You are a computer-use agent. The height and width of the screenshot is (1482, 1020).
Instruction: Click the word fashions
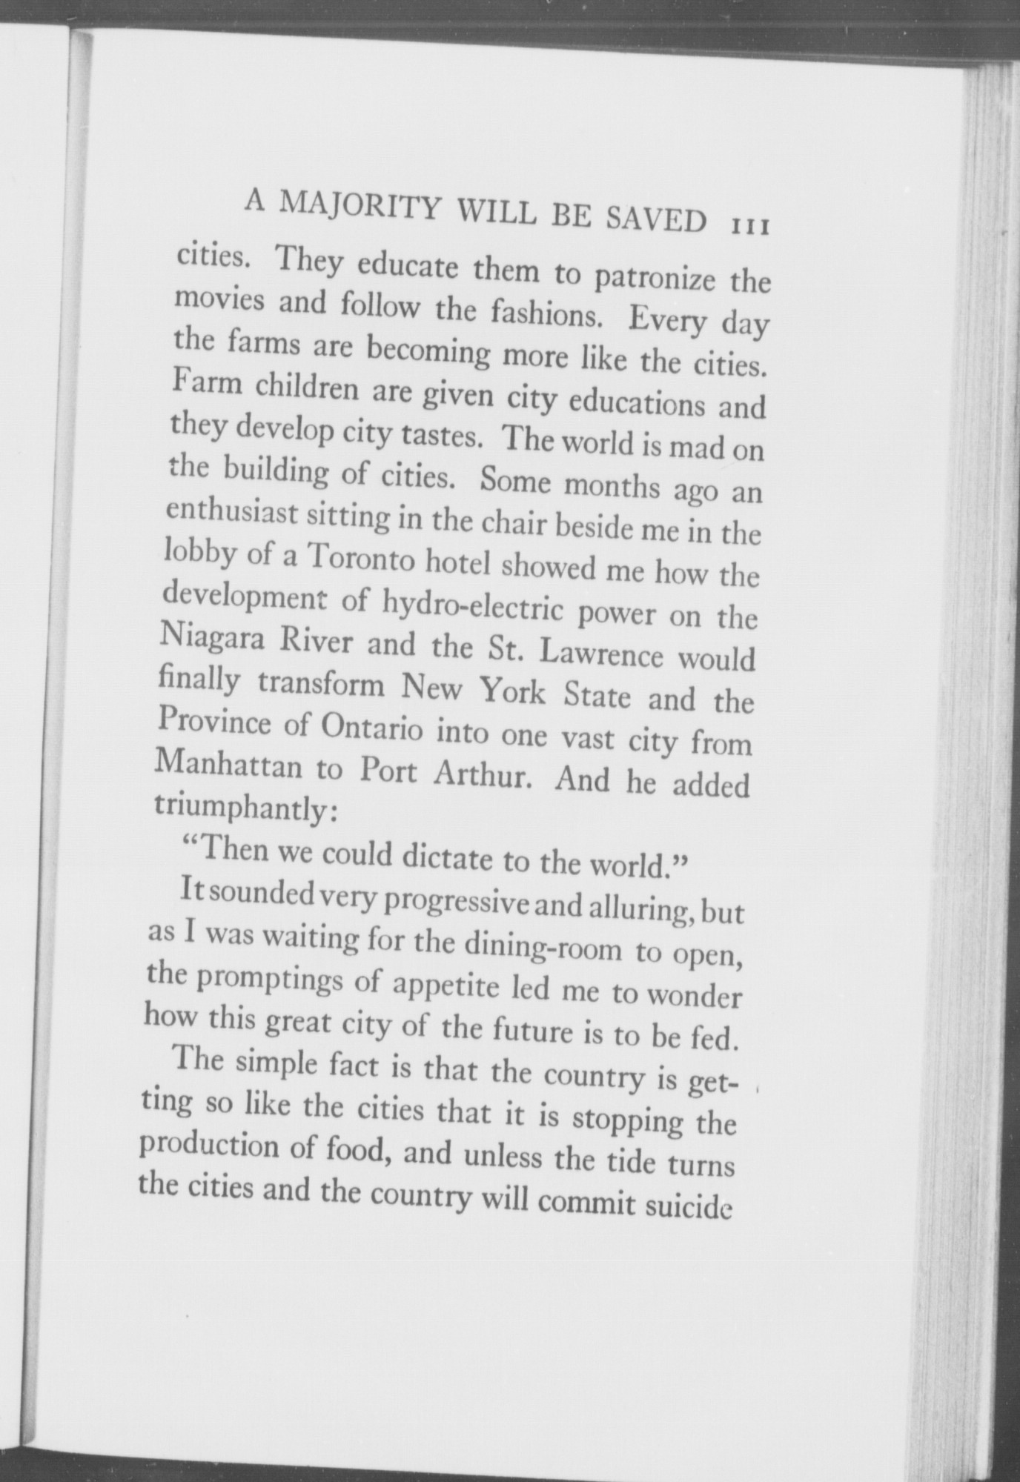click(546, 314)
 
